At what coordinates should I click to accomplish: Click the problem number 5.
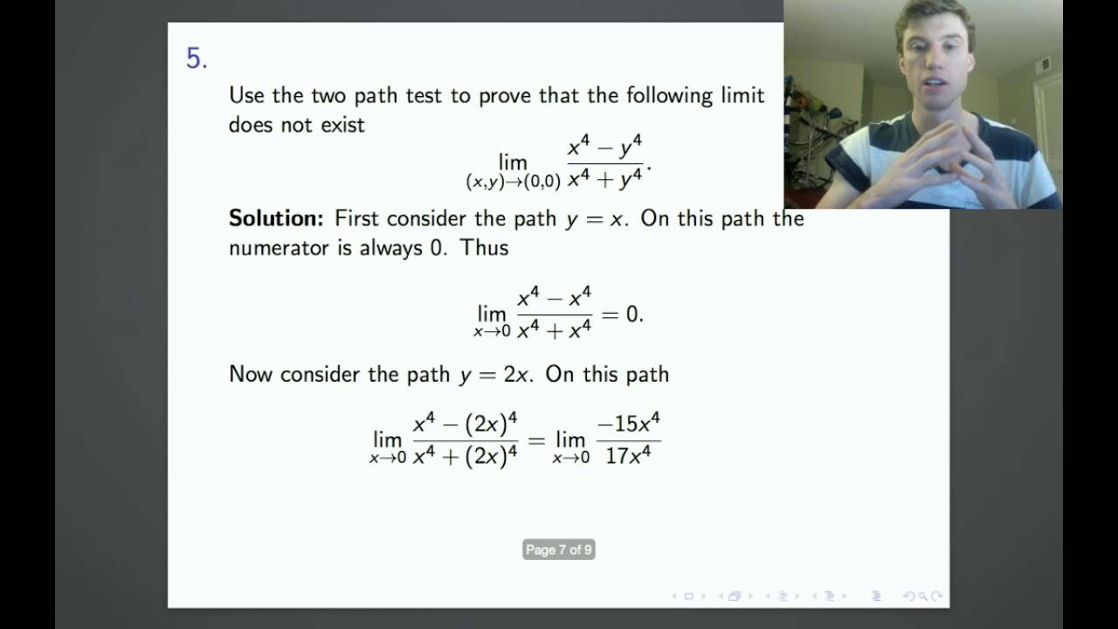pos(196,59)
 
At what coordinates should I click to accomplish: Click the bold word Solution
pos(276,218)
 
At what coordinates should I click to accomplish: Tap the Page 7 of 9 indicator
pos(559,550)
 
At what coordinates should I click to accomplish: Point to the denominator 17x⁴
pos(628,455)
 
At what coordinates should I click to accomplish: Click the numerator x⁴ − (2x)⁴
pos(466,425)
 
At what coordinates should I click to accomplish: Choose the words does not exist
pos(297,124)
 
